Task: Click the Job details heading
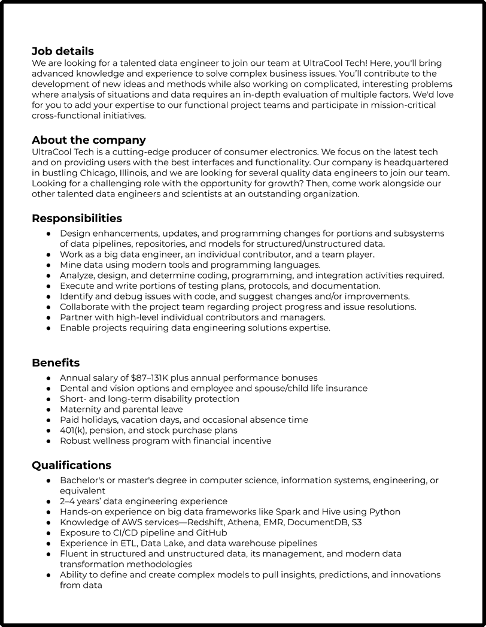click(63, 52)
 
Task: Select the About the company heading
click(89, 140)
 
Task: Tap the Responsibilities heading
click(77, 218)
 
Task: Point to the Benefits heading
click(56, 362)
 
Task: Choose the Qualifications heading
click(71, 465)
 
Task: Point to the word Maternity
click(80, 410)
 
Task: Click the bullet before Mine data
click(48, 265)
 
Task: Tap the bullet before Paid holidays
click(48, 420)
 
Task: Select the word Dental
click(75, 389)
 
